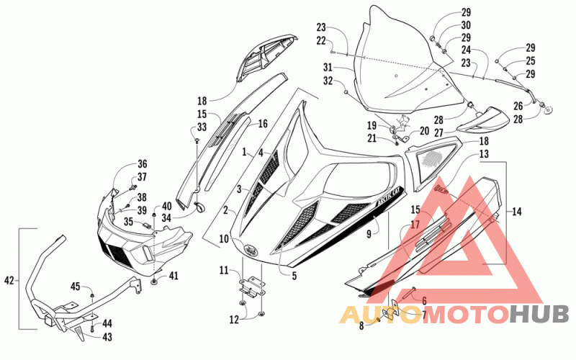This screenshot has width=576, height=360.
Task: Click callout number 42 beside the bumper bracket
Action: [9, 281]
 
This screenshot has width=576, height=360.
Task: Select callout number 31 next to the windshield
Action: [328, 67]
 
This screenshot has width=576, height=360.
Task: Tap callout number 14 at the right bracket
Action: [516, 211]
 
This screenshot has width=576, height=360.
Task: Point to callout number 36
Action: [142, 164]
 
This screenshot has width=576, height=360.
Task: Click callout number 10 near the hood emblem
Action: [224, 239]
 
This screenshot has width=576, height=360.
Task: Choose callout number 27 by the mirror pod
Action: [439, 132]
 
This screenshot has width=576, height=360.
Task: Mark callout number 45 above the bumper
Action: [76, 286]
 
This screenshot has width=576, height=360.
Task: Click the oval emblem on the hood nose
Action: [251, 249]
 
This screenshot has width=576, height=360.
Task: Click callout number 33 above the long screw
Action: [202, 127]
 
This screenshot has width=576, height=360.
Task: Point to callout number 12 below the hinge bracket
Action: [234, 320]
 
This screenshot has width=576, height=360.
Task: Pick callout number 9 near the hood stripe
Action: [369, 233]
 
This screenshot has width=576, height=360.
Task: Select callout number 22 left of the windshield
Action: [321, 41]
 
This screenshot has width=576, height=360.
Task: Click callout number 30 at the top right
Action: [466, 25]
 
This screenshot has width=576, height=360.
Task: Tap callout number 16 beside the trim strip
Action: [263, 123]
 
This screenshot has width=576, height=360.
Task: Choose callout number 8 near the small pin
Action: [361, 325]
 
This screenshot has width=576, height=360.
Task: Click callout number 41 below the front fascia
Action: [174, 276]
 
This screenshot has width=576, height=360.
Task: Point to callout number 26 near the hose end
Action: [518, 106]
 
